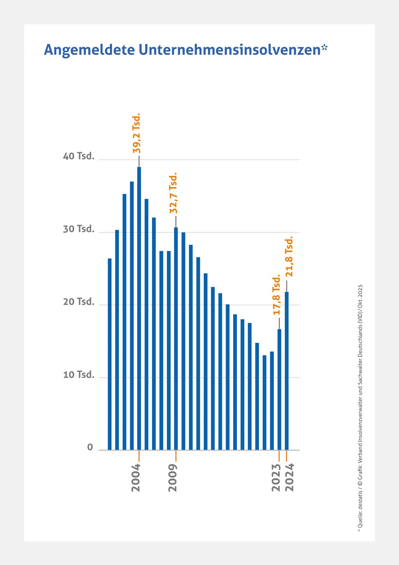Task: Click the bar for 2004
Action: pos(139,309)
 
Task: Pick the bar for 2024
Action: pos(287,370)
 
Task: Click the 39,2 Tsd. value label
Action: pos(136,133)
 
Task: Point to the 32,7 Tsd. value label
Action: pos(173,193)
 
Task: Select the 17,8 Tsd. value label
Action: pos(277,294)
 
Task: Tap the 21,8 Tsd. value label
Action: pos(289,256)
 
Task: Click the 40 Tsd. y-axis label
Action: pos(79,157)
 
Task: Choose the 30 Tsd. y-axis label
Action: pos(79,229)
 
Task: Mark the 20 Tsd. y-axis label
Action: pos(79,302)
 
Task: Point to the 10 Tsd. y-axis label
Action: pos(79,374)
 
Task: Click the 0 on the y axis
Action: pos(90,447)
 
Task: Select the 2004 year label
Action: pos(136,477)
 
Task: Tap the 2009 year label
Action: pos(173,477)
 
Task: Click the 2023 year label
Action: pos(276,477)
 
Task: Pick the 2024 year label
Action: pos(289,477)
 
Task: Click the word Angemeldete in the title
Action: pos(89,50)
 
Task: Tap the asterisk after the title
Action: pos(324,47)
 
